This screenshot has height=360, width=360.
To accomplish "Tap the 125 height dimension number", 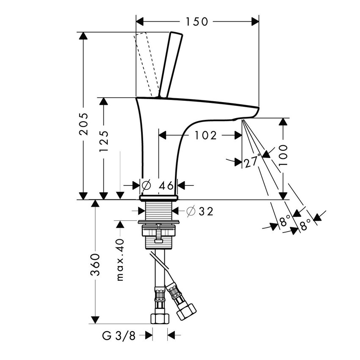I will click(105, 141).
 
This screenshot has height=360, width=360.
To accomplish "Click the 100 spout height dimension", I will click(283, 155).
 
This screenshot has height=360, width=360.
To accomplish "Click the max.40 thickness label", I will click(120, 259).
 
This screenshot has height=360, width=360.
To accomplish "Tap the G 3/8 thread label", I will click(119, 336).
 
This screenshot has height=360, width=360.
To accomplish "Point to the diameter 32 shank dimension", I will click(199, 211).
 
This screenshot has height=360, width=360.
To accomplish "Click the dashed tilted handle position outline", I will click(146, 64).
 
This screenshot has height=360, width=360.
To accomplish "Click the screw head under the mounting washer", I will click(159, 241).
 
